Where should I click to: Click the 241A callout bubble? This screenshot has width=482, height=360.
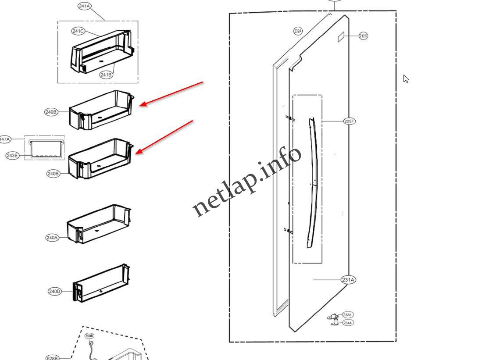[84, 6]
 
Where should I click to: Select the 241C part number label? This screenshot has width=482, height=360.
[78, 31]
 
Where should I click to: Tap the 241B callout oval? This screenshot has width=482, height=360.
[106, 75]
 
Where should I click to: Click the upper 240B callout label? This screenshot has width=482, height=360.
[51, 112]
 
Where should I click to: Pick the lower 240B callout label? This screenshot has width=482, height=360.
[53, 174]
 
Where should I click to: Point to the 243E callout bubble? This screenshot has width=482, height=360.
[12, 155]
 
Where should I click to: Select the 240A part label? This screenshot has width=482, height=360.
[52, 238]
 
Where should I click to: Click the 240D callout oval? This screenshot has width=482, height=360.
[54, 292]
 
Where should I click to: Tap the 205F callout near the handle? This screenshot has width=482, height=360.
[349, 121]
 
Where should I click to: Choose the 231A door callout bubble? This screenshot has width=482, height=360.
[348, 280]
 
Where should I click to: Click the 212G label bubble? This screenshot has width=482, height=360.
[363, 36]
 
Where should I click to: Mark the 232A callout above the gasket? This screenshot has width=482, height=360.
[298, 31]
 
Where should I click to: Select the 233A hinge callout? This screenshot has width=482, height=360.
[347, 315]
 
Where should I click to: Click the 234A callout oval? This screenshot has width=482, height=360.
[347, 323]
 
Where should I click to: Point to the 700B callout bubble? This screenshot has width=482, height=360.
[89, 336]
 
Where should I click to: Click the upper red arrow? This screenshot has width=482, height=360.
[171, 93]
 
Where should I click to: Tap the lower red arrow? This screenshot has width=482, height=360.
[164, 136]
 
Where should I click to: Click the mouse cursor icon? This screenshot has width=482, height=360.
[406, 78]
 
